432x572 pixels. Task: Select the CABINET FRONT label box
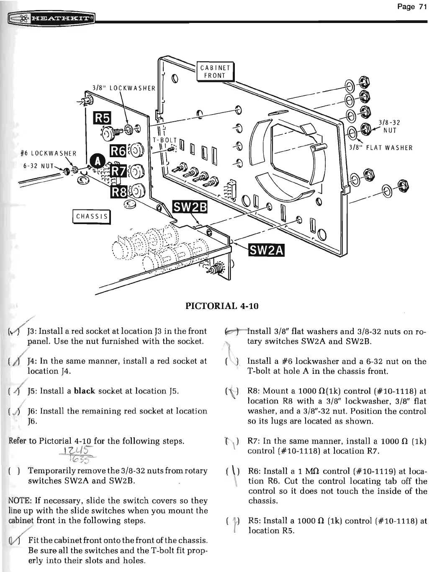215,71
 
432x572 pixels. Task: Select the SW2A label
266,250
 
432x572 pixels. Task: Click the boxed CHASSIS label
92,216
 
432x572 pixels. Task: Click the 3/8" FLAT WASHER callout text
381,148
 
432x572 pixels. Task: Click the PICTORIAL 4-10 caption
222,306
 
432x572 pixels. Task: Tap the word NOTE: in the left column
11,500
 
